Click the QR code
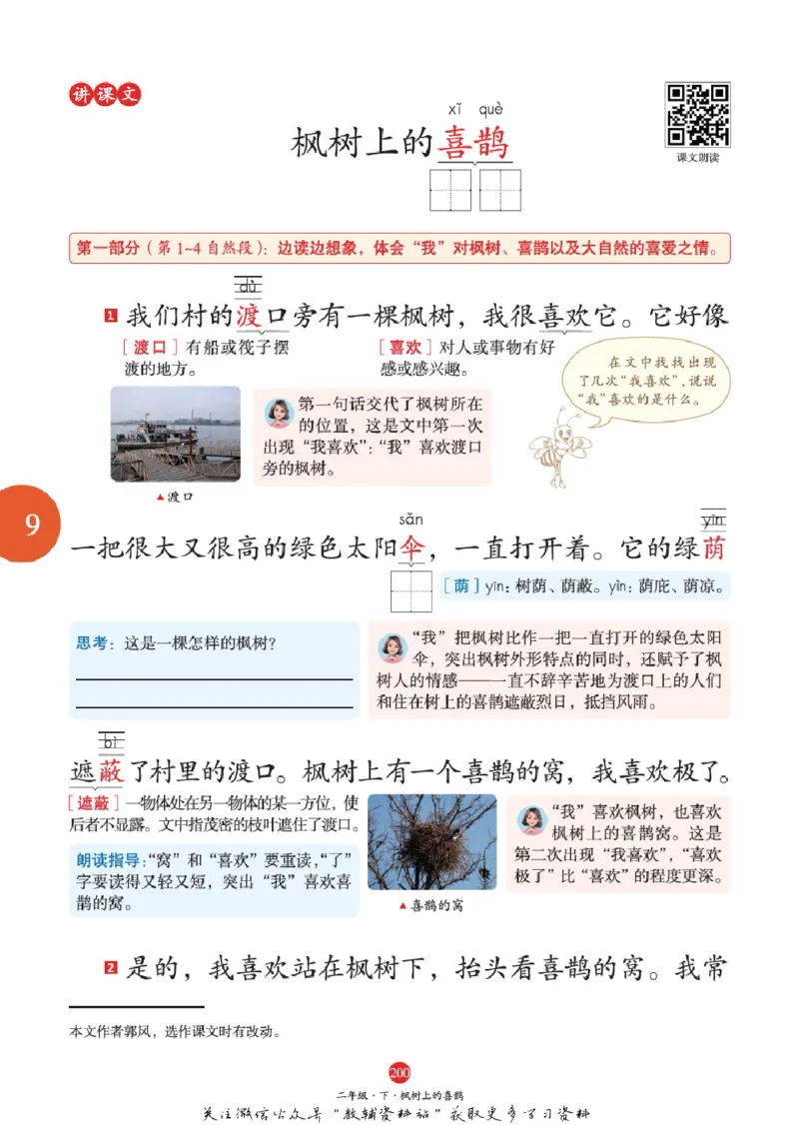tap(697, 115)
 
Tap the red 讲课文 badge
tap(105, 95)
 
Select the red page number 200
tap(399, 1073)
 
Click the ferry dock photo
tap(175, 434)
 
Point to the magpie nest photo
tap(431, 841)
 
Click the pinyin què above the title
tap(490, 109)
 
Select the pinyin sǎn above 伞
tap(410, 520)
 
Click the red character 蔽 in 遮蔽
tap(111, 771)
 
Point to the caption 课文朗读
tap(697, 158)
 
